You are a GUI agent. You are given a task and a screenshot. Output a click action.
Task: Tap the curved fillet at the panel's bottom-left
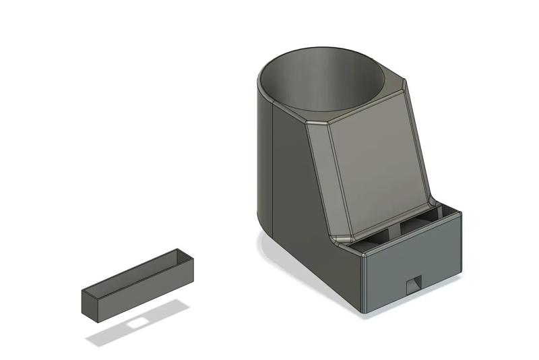342,237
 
